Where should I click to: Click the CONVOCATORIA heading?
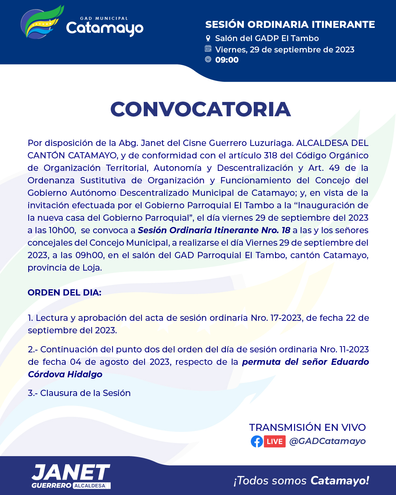tap(201, 109)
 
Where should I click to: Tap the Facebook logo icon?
tap(257, 441)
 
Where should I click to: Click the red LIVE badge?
tap(275, 441)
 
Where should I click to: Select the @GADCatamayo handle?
tap(327, 441)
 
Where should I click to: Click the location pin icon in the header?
tap(208, 38)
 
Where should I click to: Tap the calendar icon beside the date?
tap(208, 49)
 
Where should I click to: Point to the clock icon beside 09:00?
tap(208, 59)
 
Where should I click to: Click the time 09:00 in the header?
tap(227, 60)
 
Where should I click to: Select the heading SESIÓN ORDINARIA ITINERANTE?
tap(290, 25)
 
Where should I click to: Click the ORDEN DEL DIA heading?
tap(65, 293)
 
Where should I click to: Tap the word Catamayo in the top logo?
tap(104, 28)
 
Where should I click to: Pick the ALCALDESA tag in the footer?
tap(90, 485)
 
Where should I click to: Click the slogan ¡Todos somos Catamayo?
tap(301, 480)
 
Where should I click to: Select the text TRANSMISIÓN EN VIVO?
tap(307, 428)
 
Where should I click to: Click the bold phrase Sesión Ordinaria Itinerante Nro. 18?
tap(214, 230)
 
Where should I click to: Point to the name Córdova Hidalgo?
tap(65, 374)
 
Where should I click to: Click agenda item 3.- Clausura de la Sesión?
tap(79, 393)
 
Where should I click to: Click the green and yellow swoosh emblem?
tap(41, 22)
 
